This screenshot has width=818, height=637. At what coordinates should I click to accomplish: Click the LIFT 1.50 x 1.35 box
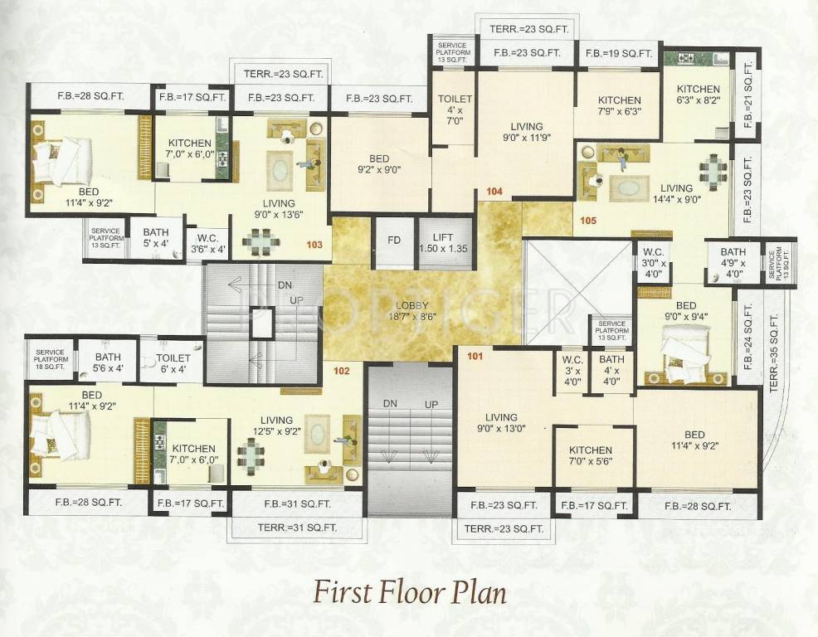(444, 243)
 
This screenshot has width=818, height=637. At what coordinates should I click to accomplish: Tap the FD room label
(394, 240)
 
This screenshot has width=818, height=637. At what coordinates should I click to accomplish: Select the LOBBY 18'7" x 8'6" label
(412, 311)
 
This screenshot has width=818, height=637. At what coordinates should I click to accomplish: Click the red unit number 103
(314, 245)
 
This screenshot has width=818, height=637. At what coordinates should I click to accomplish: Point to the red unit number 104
(494, 192)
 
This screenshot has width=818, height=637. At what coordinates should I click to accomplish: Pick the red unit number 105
(588, 221)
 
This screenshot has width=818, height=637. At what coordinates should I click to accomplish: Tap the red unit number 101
(475, 357)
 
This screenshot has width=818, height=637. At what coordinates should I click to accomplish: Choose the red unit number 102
(341, 372)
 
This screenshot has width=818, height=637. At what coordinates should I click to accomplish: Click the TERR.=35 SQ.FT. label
(774, 353)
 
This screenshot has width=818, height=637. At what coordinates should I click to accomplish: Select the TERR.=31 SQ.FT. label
(297, 528)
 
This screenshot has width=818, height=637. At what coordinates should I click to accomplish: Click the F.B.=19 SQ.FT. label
(619, 53)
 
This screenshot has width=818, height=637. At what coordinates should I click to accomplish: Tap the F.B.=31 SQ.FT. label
(297, 504)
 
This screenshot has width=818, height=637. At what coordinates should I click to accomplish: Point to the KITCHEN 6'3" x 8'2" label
(699, 95)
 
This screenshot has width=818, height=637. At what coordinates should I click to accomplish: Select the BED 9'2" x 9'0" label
(379, 164)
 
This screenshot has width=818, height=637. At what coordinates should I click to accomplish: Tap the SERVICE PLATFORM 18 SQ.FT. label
(51, 359)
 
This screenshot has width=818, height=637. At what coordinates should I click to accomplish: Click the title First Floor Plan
(410, 594)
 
